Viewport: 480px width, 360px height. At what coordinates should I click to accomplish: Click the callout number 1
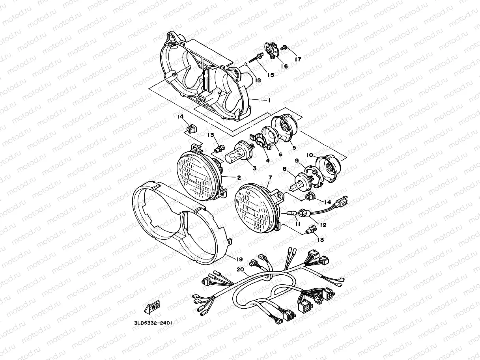pos(269,101)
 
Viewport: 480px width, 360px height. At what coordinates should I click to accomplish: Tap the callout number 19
pos(239,259)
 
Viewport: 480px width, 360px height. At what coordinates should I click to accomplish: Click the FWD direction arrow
pos(152,308)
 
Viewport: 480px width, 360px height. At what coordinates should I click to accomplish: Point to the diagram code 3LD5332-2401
pos(153,323)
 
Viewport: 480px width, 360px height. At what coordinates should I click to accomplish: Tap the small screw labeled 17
pos(286,48)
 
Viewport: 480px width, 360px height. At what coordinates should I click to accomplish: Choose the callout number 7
pos(269,178)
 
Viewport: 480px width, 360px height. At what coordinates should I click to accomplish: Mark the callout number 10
pos(310,155)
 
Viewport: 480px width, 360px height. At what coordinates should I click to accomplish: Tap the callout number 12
pos(323,225)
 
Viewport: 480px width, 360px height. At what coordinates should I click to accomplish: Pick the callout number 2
pos(239,178)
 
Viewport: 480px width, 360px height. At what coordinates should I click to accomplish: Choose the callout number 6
pos(280,155)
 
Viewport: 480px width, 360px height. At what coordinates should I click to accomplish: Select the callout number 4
pos(267,160)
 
